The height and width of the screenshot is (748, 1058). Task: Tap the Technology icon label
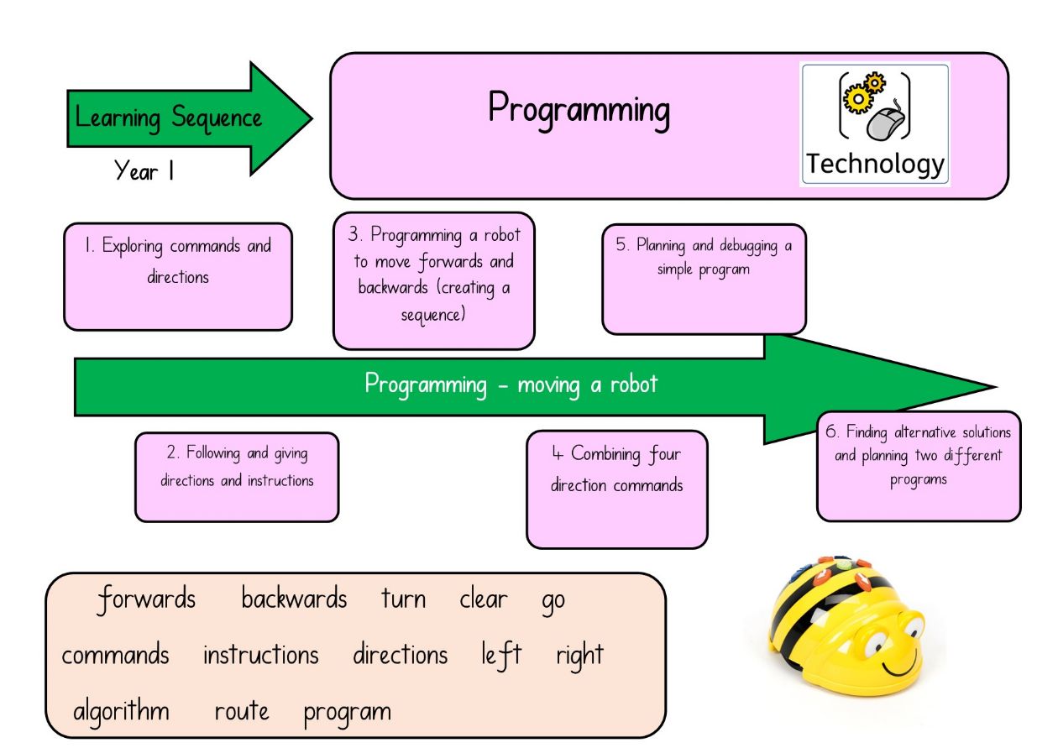(875, 164)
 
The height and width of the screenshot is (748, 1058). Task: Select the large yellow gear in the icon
(857, 99)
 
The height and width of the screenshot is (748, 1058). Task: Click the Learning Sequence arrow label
(168, 118)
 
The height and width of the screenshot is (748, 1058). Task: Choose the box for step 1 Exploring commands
(178, 277)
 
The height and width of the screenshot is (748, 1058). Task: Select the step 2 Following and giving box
(237, 477)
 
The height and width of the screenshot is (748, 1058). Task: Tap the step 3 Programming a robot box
(433, 281)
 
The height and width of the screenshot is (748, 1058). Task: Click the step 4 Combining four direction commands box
(617, 489)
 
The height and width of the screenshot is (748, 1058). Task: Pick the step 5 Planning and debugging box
(704, 279)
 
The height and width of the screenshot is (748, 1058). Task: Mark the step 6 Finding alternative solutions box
(919, 467)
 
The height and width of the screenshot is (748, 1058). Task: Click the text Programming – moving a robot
(511, 384)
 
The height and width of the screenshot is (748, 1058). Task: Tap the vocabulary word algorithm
(122, 711)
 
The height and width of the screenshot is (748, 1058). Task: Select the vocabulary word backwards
(294, 598)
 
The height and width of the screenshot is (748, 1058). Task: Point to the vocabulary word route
(242, 711)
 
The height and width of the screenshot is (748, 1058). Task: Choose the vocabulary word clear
(483, 598)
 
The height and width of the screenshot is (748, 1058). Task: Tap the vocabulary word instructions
(260, 655)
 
